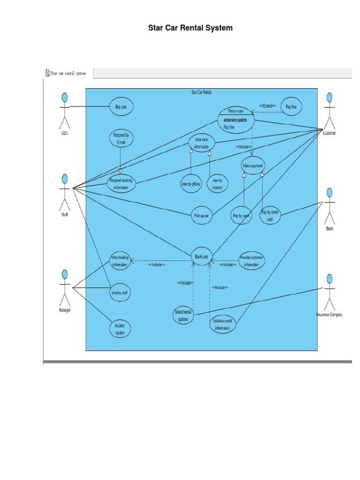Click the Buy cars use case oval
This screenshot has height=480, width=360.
coord(121,107)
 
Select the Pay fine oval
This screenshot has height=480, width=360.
coord(291,107)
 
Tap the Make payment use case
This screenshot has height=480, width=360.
coord(253,165)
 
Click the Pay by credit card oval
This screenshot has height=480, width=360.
coord(270,216)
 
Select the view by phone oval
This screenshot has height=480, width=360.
coord(190,184)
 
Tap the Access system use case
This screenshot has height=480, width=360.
coord(120,329)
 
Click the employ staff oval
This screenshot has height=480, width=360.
coord(120,293)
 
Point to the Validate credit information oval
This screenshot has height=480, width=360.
coord(223,325)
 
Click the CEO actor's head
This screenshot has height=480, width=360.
coord(65,97)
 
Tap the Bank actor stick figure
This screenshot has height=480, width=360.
coord(330,206)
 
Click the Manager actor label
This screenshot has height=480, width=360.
coord(64,311)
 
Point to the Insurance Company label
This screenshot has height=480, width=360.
coord(329,315)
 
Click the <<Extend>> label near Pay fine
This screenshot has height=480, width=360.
coord(267,106)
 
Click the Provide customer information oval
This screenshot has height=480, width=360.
coord(252,261)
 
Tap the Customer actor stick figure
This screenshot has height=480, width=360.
coord(330,112)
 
